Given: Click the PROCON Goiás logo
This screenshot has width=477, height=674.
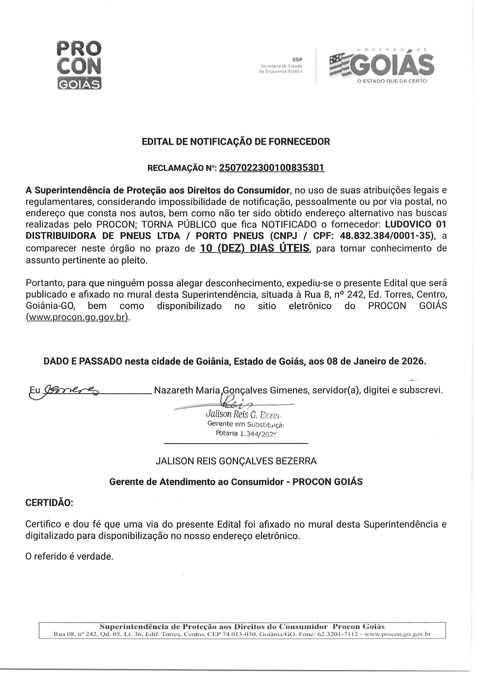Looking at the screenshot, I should [78, 65].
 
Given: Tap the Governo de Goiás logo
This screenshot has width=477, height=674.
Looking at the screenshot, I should [382, 65].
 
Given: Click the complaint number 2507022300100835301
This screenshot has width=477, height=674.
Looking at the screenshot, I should [272, 168].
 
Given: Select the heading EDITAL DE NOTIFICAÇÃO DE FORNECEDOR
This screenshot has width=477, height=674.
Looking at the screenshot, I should [236, 142].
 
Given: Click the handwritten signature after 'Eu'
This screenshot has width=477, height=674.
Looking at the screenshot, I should [71, 390].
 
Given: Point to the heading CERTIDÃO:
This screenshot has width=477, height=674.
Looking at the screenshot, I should [49, 502].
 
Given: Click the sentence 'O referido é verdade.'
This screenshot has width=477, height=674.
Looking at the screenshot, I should [69, 556].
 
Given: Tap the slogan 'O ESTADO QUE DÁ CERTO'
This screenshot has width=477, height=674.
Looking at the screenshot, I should [392, 81].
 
